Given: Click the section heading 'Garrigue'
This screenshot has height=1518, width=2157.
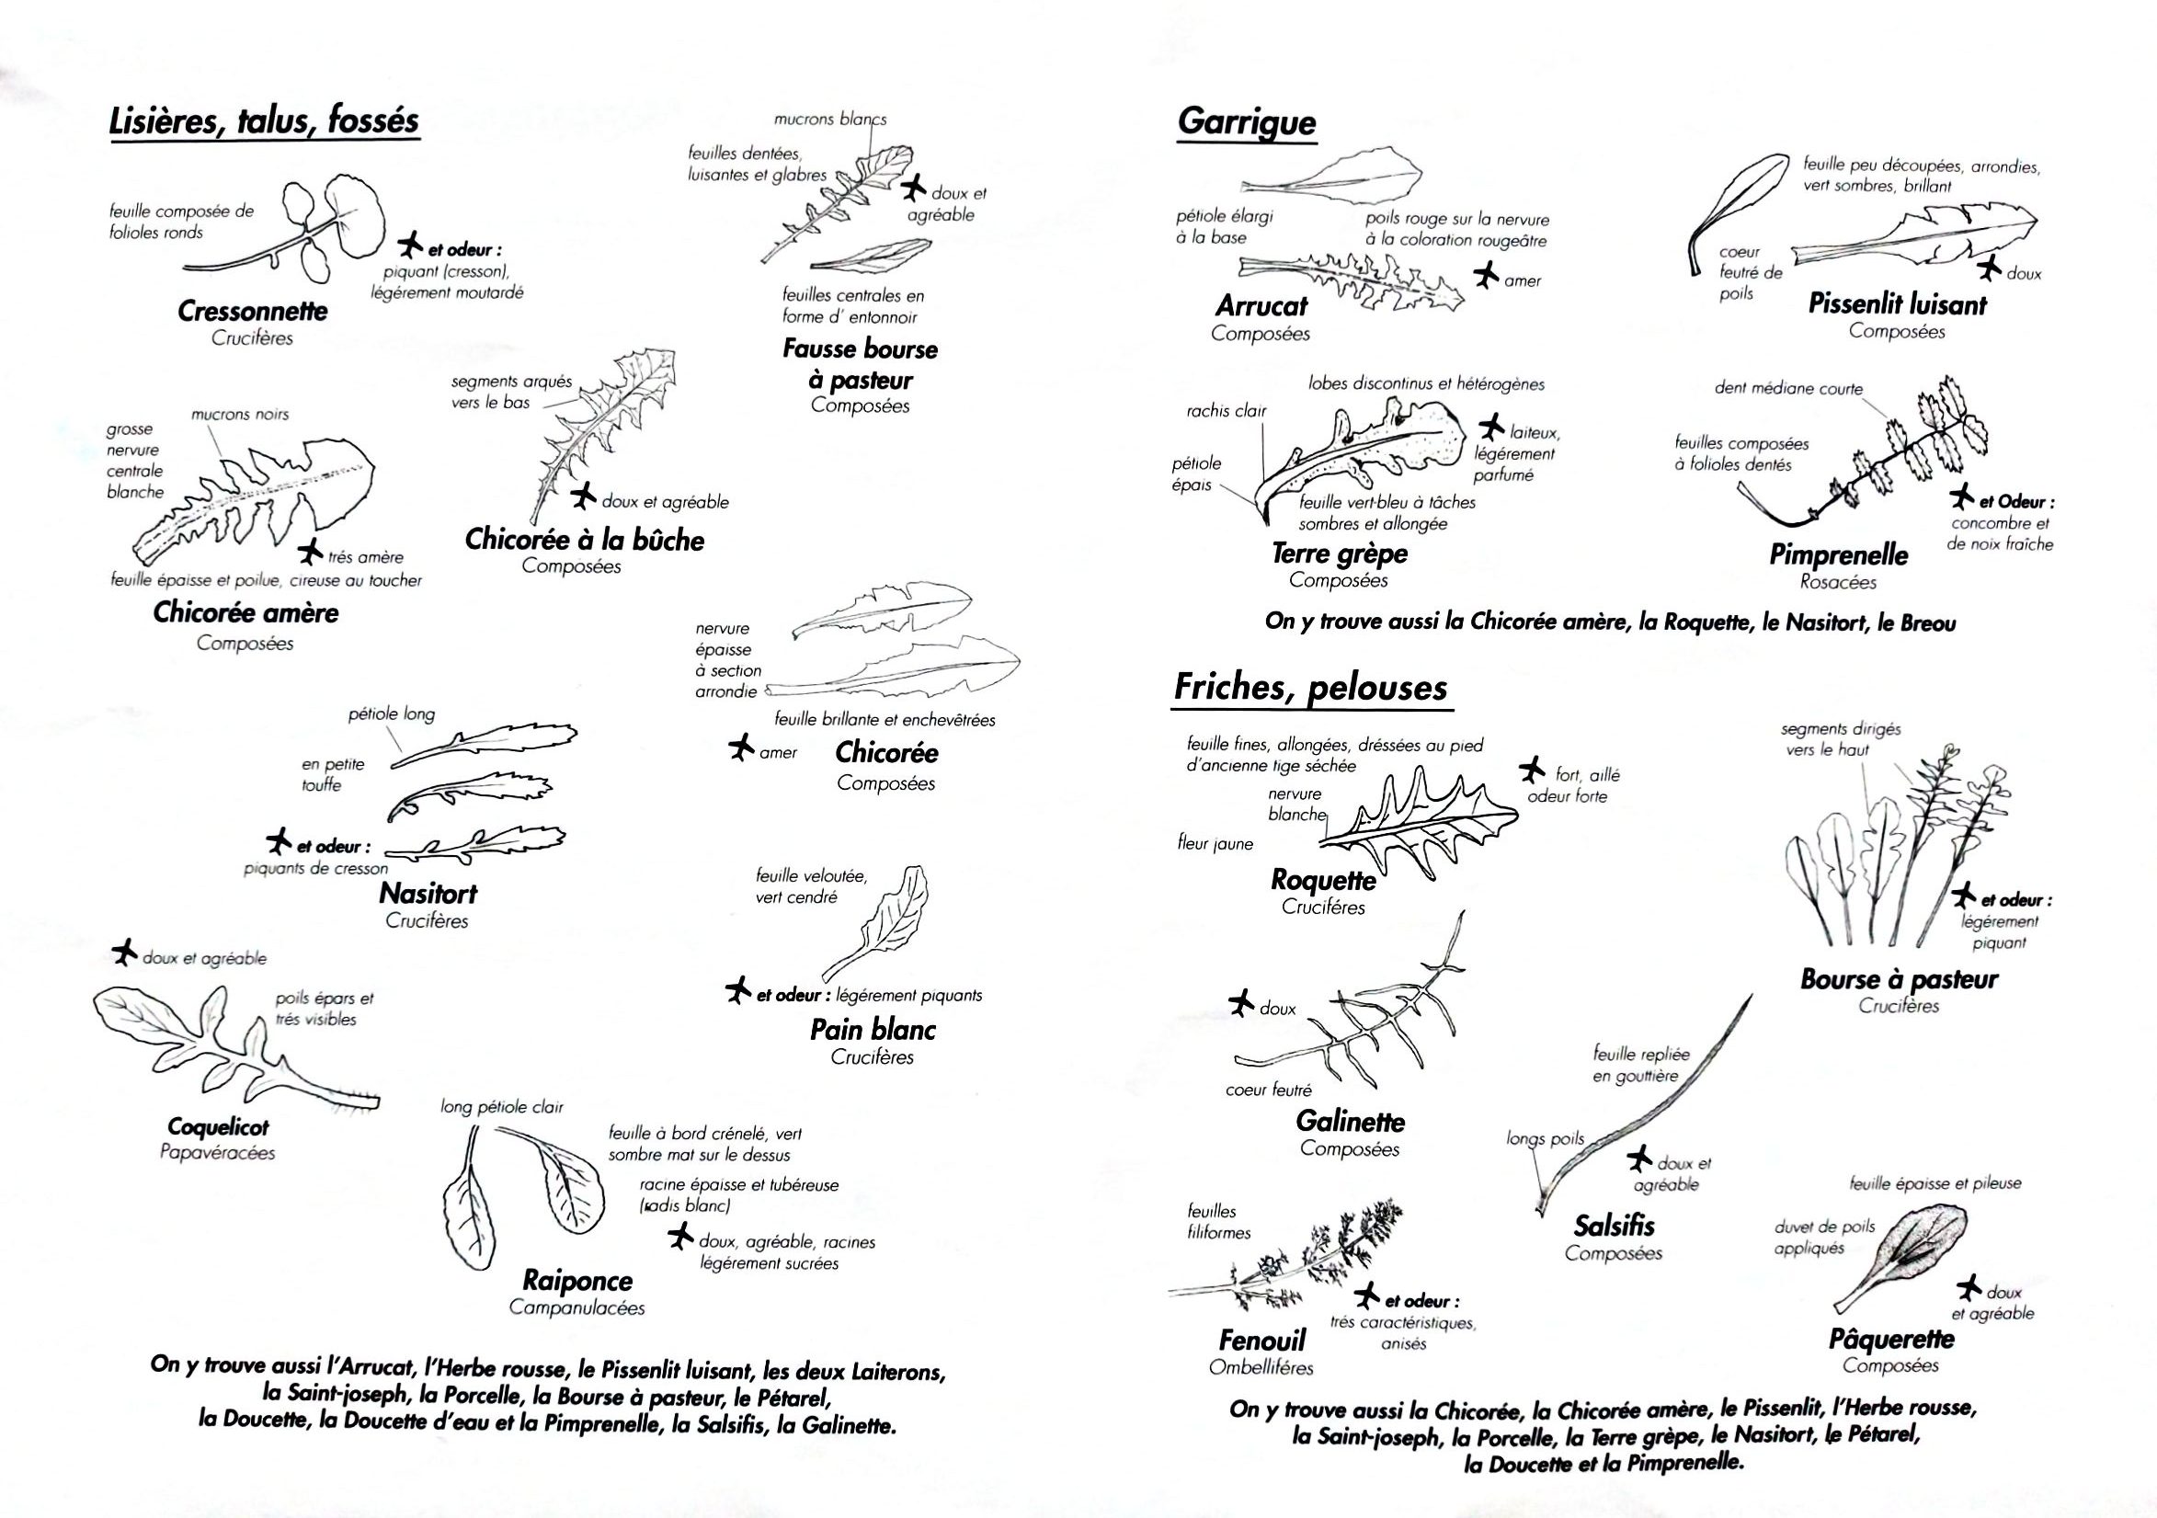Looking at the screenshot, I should [1247, 123].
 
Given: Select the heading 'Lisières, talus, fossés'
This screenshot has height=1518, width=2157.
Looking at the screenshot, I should [264, 121].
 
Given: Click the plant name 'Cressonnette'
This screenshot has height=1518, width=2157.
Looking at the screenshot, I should [253, 311].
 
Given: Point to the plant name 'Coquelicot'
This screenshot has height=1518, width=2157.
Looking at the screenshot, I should [218, 1126].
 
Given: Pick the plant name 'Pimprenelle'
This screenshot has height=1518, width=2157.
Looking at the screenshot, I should [1839, 554].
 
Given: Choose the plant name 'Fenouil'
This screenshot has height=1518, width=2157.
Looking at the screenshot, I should [1261, 1340].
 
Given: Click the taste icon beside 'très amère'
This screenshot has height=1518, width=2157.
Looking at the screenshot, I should [310, 550].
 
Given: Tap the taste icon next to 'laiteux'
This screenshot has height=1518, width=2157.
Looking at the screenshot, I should [1491, 428].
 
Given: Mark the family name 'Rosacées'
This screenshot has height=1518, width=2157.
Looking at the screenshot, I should [1838, 582].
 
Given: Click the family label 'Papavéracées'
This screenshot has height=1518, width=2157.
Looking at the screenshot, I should [218, 1153].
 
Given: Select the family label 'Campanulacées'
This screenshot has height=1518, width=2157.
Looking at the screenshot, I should [576, 1307].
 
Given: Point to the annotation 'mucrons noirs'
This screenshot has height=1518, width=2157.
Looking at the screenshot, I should [240, 415].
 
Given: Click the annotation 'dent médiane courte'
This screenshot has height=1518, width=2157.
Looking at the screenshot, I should [1787, 389].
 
